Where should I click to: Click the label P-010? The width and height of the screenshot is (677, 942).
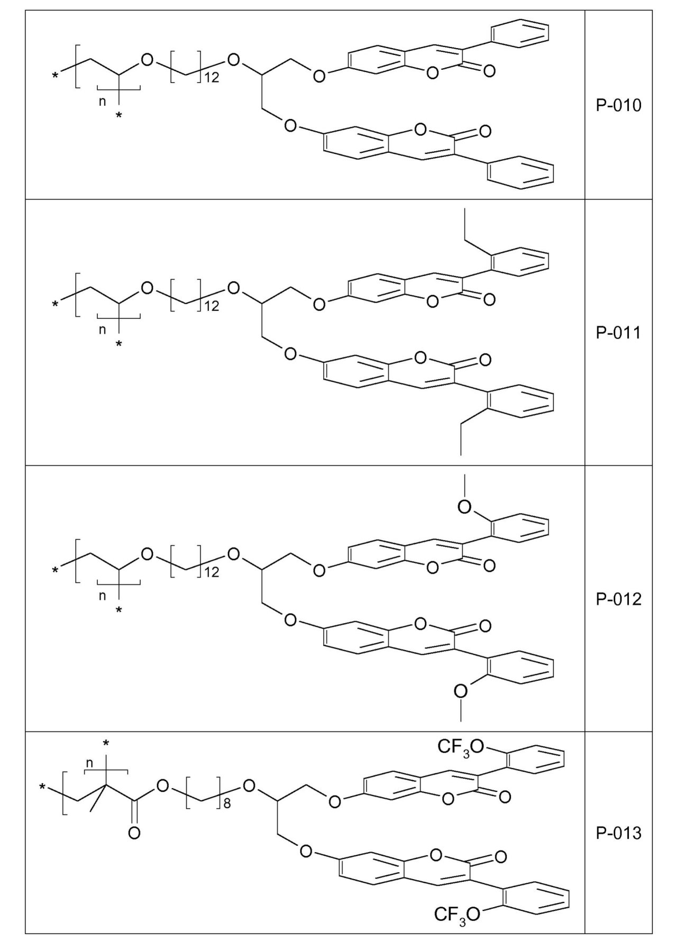click(618, 106)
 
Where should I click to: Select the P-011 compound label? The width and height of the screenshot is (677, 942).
click(618, 333)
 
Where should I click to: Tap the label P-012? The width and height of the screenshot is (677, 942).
click(618, 599)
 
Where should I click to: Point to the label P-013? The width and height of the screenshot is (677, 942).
click(618, 834)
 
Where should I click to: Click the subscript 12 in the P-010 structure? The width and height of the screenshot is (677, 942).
click(211, 78)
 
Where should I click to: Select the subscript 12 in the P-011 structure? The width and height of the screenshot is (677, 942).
click(211, 306)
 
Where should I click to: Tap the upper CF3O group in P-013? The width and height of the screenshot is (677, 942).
click(461, 747)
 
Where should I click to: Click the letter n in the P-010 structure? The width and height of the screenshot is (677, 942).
click(103, 102)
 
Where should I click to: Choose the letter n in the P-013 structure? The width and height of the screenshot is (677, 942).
click(89, 763)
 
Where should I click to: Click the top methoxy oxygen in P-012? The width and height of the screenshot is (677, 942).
click(464, 507)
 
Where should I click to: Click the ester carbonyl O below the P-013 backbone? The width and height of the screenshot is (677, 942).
click(134, 834)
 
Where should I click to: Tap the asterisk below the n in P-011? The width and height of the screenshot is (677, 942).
click(119, 344)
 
